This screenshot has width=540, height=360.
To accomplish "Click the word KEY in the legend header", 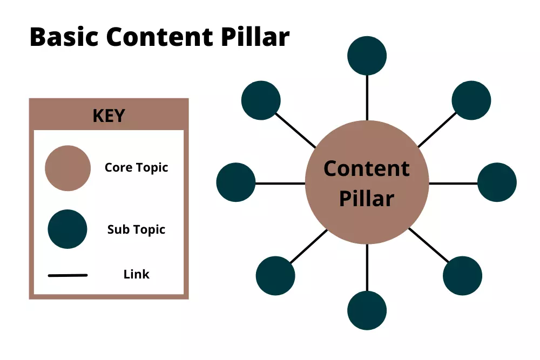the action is (109, 116).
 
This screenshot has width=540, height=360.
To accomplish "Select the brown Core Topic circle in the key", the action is (68, 168).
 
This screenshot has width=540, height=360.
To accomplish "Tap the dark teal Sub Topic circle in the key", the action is (67, 229).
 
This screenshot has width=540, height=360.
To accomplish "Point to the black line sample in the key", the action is (68, 275).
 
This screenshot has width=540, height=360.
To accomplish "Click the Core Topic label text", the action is (137, 168).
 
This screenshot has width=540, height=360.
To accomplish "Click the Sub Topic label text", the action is (137, 229).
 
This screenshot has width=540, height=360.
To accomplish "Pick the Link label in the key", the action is (137, 274).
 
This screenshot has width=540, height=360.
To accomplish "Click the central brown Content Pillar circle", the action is (367, 182).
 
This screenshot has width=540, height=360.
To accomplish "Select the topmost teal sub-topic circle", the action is (367, 56).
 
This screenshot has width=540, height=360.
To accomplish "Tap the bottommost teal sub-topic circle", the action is (367, 310).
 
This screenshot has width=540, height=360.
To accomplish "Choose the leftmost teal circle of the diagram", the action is (236, 182).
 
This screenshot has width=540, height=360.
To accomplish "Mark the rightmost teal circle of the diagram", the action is (497, 182).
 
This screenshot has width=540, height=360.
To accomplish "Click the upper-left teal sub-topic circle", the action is (261, 100).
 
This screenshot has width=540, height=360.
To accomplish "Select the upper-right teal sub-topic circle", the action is (471, 100).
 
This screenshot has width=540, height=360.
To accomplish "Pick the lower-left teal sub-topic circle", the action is (275, 276).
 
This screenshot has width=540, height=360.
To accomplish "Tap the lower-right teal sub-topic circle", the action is (463, 276).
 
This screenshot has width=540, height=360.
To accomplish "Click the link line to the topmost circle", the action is (367, 98).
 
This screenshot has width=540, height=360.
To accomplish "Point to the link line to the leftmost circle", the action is (280, 184).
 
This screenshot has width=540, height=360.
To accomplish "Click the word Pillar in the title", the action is (255, 37).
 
